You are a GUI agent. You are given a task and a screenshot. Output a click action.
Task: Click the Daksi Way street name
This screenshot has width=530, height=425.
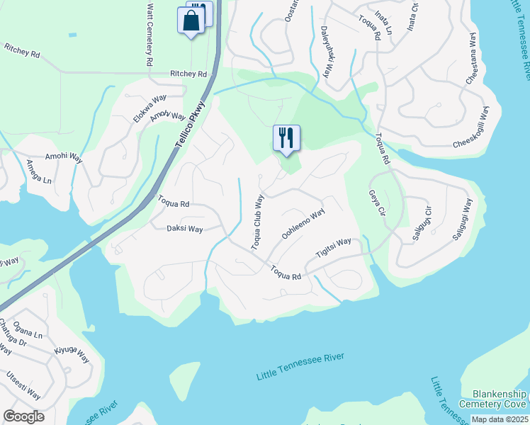pos(185,229)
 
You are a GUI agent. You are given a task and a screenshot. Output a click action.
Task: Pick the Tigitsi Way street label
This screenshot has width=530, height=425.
pos(333,251)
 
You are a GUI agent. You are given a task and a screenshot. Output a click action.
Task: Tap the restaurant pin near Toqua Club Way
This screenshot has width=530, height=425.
pos(286,137)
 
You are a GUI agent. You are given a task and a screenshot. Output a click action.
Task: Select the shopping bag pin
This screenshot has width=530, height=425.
pos(191,21)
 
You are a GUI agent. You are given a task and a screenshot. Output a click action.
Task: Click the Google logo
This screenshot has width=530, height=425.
pos(23,416)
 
